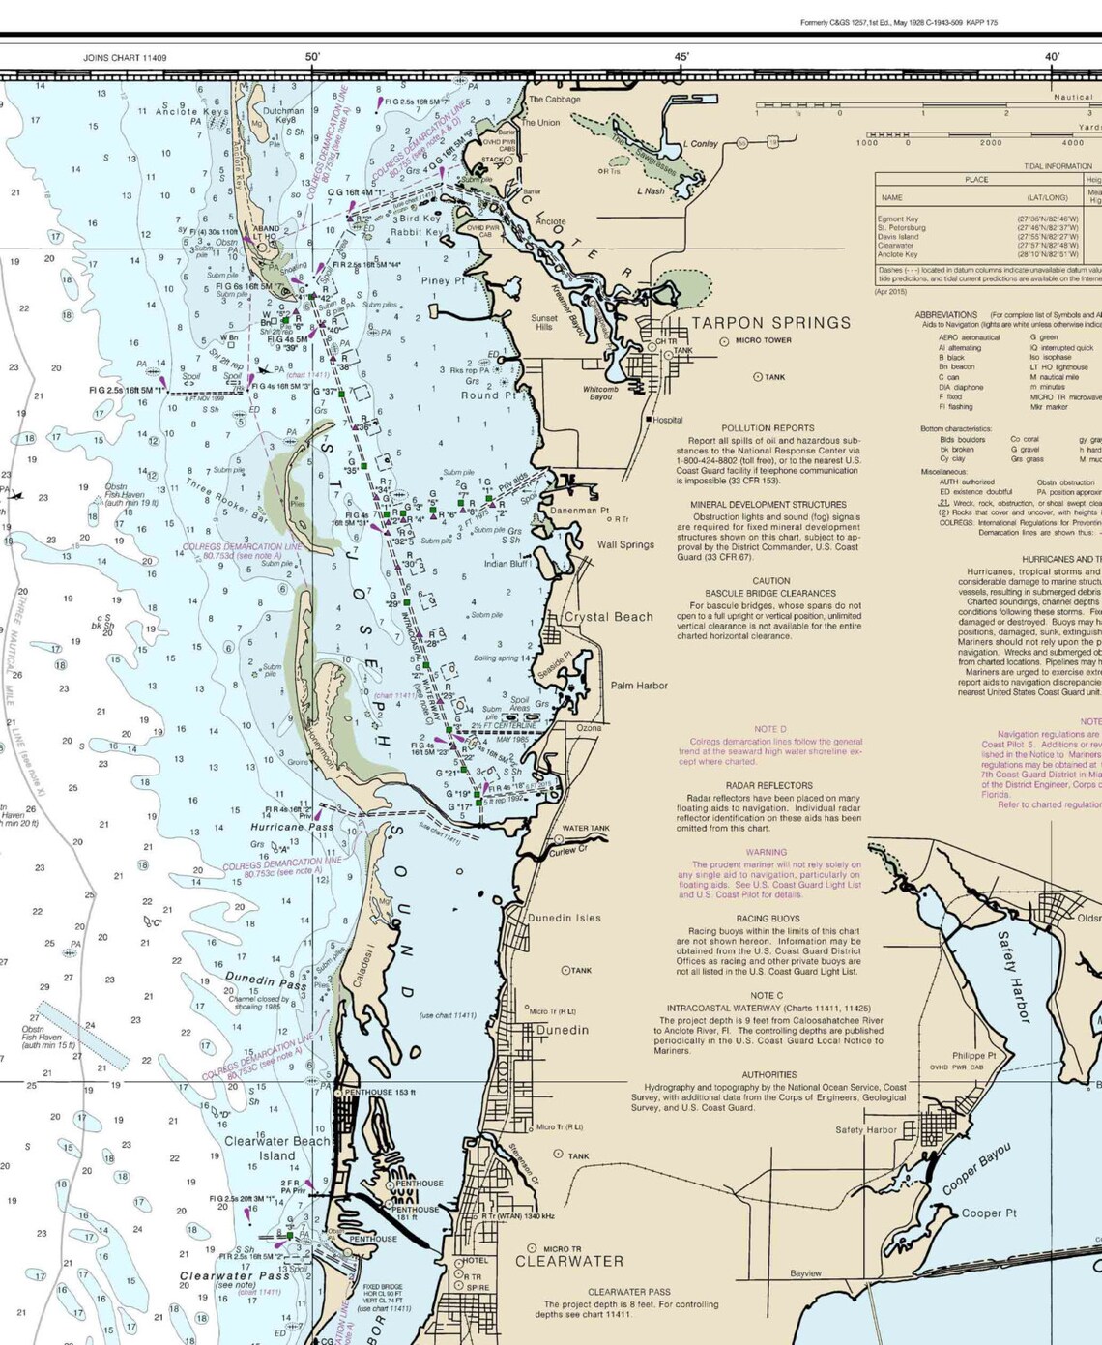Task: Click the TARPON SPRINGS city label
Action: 770,323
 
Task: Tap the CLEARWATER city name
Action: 568,1261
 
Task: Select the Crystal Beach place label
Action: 609,616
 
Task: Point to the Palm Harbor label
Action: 639,686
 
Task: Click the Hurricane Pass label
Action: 292,828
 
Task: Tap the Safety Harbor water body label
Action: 1013,977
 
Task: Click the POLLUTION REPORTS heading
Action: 768,427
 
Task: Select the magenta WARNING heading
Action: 766,853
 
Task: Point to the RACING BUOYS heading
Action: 768,919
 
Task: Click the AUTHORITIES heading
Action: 768,1074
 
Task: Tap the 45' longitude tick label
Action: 681,57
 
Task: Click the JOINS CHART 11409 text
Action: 125,58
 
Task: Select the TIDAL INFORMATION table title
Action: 1058,166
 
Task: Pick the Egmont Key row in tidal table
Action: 898,219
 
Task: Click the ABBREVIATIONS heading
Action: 946,315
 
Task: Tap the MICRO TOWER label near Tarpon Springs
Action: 763,340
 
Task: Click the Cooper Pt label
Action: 988,1213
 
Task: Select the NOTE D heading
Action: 769,729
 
